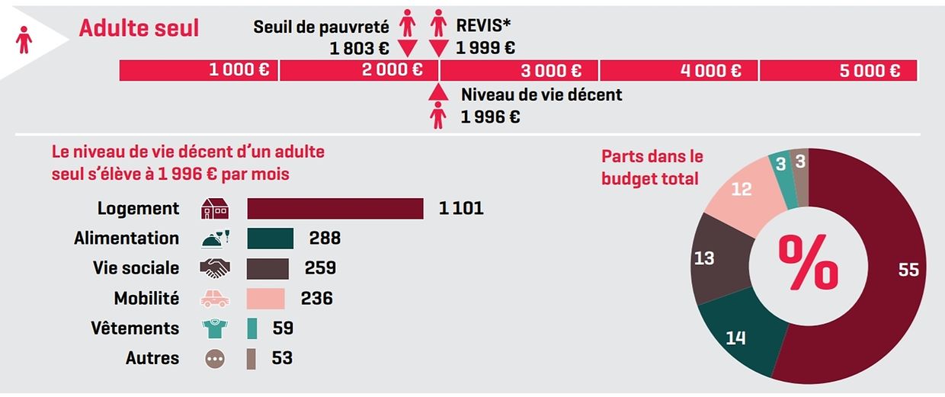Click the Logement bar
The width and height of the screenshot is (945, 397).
[x=335, y=208]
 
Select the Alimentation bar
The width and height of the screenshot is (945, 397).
[x=271, y=238]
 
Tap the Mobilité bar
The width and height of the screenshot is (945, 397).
[x=266, y=298]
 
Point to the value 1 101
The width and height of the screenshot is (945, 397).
[x=461, y=208]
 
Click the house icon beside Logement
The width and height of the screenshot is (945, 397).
[x=215, y=208]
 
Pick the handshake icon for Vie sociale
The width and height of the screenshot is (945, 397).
[x=215, y=268]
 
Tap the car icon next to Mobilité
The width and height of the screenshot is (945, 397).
[x=215, y=299]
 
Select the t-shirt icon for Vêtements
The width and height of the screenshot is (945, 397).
[x=215, y=328]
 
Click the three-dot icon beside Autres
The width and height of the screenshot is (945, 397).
[x=215, y=358]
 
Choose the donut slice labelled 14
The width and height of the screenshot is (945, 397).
[x=735, y=335]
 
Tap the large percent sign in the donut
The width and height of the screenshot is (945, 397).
[x=808, y=263]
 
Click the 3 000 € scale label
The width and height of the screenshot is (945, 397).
[x=551, y=71]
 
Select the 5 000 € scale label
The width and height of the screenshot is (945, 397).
[x=870, y=71]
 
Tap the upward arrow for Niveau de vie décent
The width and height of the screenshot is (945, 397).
[x=437, y=92]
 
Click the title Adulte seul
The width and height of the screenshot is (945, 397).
[x=139, y=28]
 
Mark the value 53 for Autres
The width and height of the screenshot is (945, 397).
[x=282, y=358]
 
